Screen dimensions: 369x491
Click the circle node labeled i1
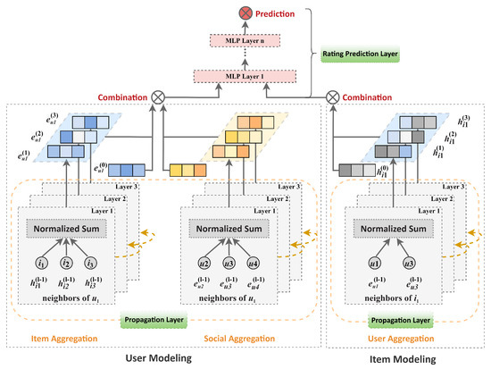pyautogui.click(x=41, y=264)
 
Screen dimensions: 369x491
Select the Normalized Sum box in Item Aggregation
pyautogui.click(x=66, y=228)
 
